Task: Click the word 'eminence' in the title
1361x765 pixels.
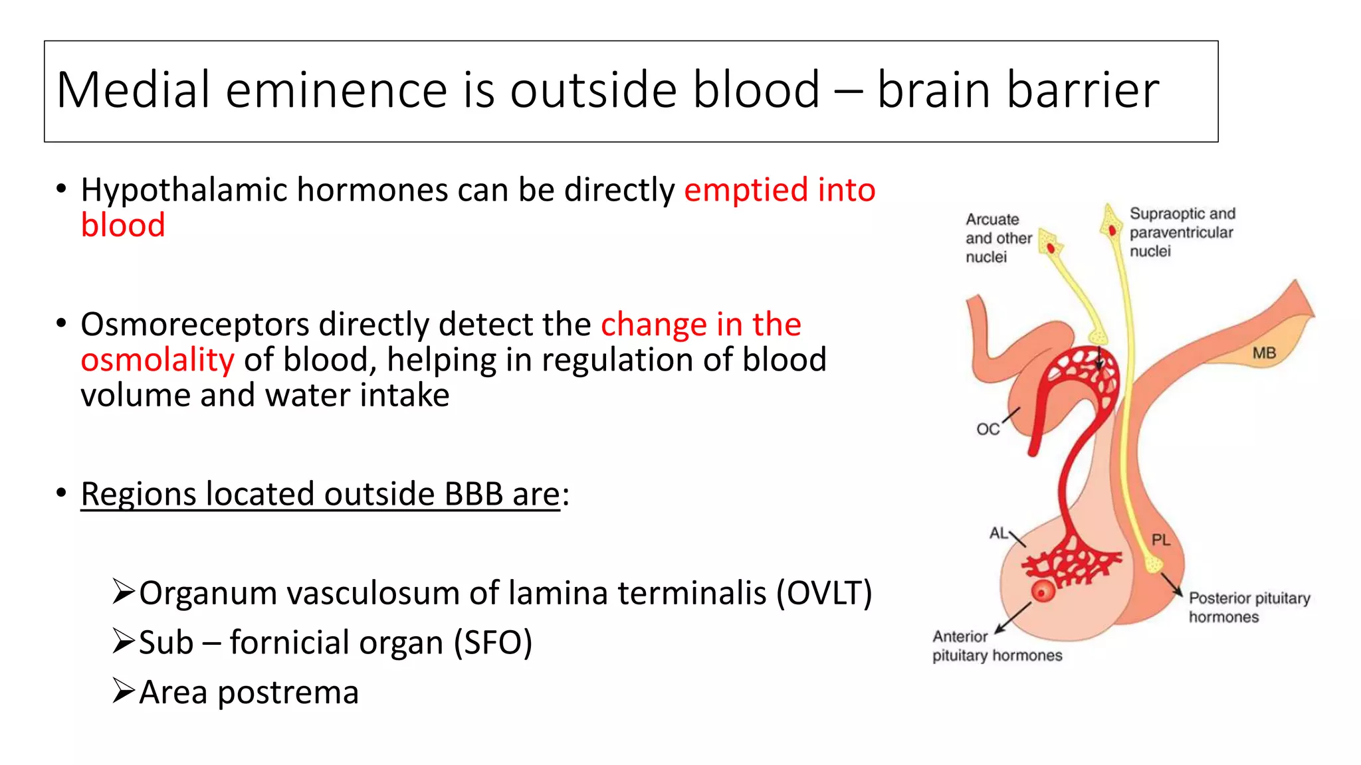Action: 336,90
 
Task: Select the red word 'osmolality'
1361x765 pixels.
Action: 157,361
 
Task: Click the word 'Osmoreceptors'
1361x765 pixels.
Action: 195,325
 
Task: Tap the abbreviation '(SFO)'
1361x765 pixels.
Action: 492,643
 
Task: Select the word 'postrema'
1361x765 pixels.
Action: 288,693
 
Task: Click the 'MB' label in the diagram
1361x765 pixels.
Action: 1264,353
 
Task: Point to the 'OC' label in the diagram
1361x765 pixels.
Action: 988,430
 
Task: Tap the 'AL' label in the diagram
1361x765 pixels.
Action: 998,533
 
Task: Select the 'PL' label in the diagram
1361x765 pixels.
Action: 1160,540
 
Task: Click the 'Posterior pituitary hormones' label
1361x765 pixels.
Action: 1248,608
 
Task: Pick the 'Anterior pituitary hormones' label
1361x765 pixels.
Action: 996,646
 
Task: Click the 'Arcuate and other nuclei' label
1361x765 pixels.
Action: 997,238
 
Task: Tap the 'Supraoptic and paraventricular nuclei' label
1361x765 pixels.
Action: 1182,232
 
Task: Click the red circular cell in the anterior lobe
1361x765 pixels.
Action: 1043,591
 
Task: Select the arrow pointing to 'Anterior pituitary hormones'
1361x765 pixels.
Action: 1013,618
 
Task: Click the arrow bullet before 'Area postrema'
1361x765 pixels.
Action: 124,691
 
